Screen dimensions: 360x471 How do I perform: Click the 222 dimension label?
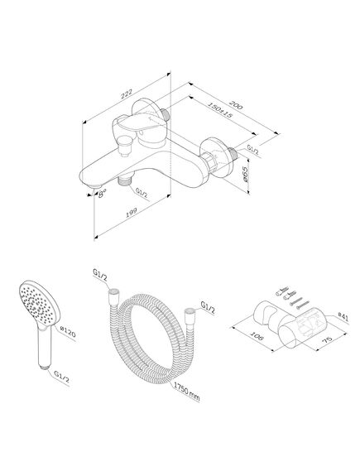point(127,94)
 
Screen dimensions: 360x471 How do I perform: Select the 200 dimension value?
point(236,104)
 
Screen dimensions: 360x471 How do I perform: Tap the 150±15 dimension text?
point(220,111)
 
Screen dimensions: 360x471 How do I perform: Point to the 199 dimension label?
point(132,213)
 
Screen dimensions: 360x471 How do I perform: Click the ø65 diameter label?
point(245,175)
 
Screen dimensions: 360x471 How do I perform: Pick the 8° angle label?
point(102,194)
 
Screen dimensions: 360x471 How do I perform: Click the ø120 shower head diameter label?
point(68,333)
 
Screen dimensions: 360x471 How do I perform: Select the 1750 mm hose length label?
point(186,393)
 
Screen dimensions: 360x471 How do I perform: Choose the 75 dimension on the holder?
point(327,339)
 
